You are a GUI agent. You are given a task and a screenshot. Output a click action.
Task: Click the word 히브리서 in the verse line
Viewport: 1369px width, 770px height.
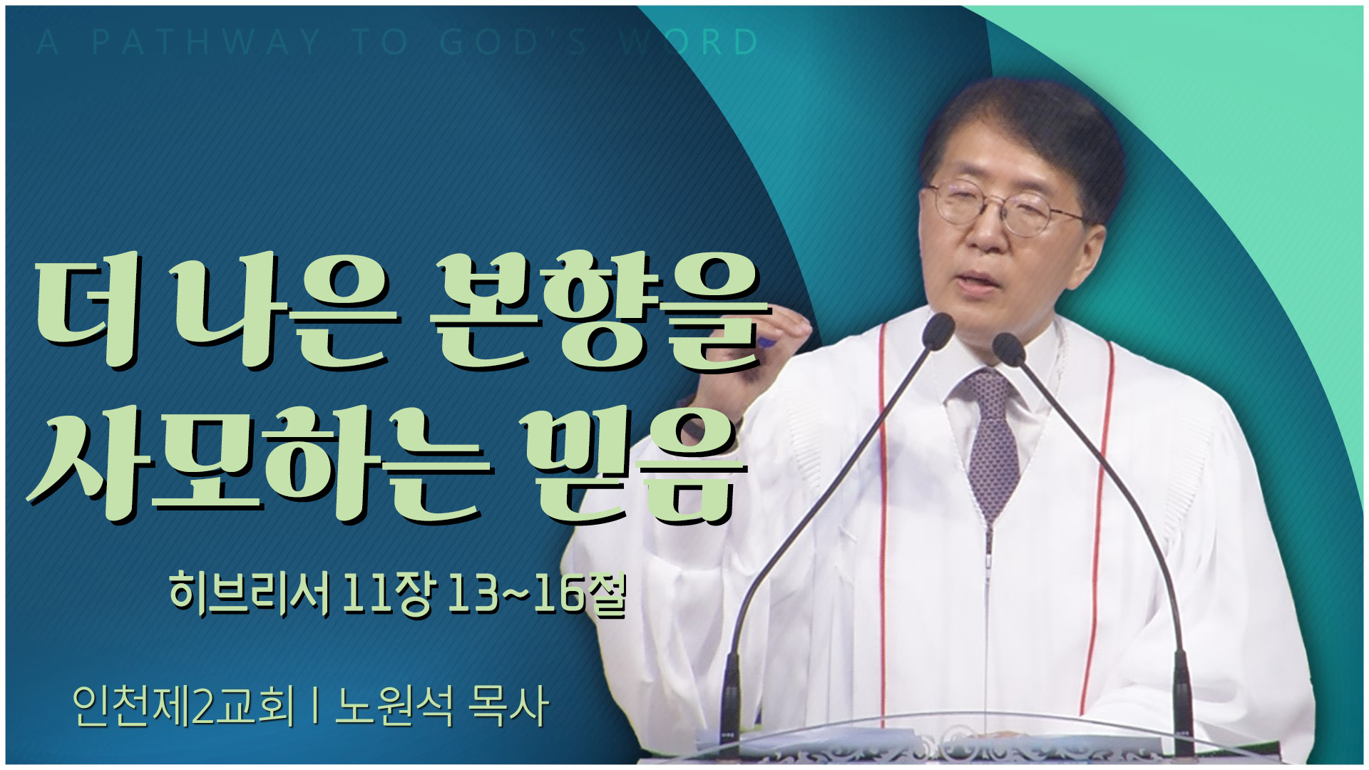pos(250,593)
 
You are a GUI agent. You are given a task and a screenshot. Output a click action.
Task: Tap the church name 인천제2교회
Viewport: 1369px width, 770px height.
pos(183,706)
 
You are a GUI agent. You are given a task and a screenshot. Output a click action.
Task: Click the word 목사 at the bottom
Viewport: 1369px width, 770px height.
pos(508,706)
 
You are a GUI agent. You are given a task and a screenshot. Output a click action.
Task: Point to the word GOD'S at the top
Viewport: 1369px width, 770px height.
pos(513,42)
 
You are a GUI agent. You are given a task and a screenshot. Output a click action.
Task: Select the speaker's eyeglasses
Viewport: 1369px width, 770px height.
pos(1005,207)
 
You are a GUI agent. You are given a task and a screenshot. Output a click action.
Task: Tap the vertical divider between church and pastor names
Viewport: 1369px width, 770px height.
pos(314,706)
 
